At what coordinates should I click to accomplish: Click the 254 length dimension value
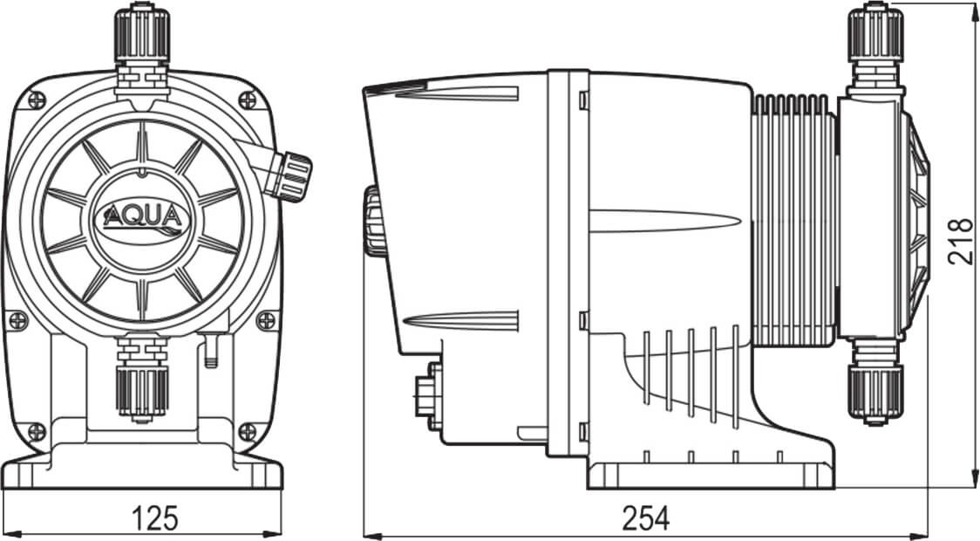pos(646,517)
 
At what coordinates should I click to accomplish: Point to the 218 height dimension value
pos(959,240)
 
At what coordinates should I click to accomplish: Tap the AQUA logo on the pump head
pos(142,216)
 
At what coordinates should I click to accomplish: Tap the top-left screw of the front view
pos(35,101)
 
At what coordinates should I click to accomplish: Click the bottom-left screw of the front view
pos(36,430)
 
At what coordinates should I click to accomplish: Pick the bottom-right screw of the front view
pos(248,430)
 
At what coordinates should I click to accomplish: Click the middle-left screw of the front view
pos(17,321)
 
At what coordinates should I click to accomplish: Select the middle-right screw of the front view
pos(266,321)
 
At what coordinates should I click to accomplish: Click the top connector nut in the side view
pos(875,35)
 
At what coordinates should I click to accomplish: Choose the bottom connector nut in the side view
pos(875,393)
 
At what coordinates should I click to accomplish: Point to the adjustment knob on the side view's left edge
pos(375,222)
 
